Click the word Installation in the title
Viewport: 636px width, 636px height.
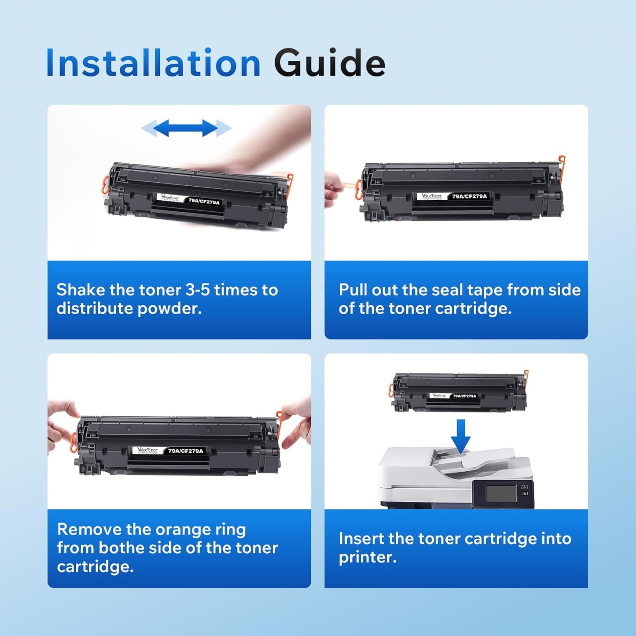point(153,63)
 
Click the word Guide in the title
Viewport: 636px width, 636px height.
point(329,63)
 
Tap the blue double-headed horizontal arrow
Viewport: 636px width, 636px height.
point(186,128)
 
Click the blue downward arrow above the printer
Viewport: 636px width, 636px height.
point(460,436)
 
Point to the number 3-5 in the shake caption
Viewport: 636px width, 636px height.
point(197,290)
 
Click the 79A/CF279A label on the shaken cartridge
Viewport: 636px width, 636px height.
point(204,201)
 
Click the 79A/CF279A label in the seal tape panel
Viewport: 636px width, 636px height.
point(470,196)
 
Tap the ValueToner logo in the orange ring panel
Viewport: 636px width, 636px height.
point(147,450)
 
